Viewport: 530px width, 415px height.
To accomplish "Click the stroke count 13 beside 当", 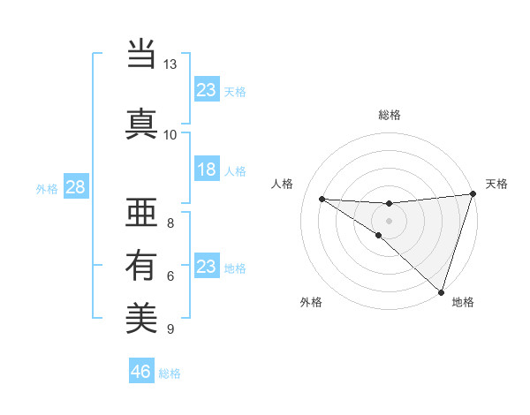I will pyautogui.click(x=170, y=64).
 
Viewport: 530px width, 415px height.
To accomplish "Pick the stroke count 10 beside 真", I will pyautogui.click(x=170, y=134).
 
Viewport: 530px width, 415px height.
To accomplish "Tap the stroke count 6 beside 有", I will pyautogui.click(x=170, y=276).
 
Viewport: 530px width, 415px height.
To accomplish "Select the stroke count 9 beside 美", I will pyautogui.click(x=170, y=329).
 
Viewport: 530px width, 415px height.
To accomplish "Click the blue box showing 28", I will pyautogui.click(x=75, y=188).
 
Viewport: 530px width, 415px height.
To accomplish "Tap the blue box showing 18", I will pyautogui.click(x=206, y=170).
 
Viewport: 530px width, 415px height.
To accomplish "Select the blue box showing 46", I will pyautogui.click(x=141, y=372).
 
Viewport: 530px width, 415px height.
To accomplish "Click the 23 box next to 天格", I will pyautogui.click(x=206, y=89).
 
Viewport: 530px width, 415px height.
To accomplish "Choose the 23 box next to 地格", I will pyautogui.click(x=206, y=267).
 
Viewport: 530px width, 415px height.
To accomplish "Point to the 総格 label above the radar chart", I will pyautogui.click(x=390, y=115).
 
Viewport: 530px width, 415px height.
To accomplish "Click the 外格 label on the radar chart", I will pyautogui.click(x=311, y=302).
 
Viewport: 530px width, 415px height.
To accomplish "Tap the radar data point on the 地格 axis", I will pyautogui.click(x=441, y=292).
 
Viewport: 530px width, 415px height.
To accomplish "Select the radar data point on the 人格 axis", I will pyautogui.click(x=322, y=199).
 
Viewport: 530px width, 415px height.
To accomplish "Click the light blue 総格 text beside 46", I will pyautogui.click(x=170, y=373).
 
